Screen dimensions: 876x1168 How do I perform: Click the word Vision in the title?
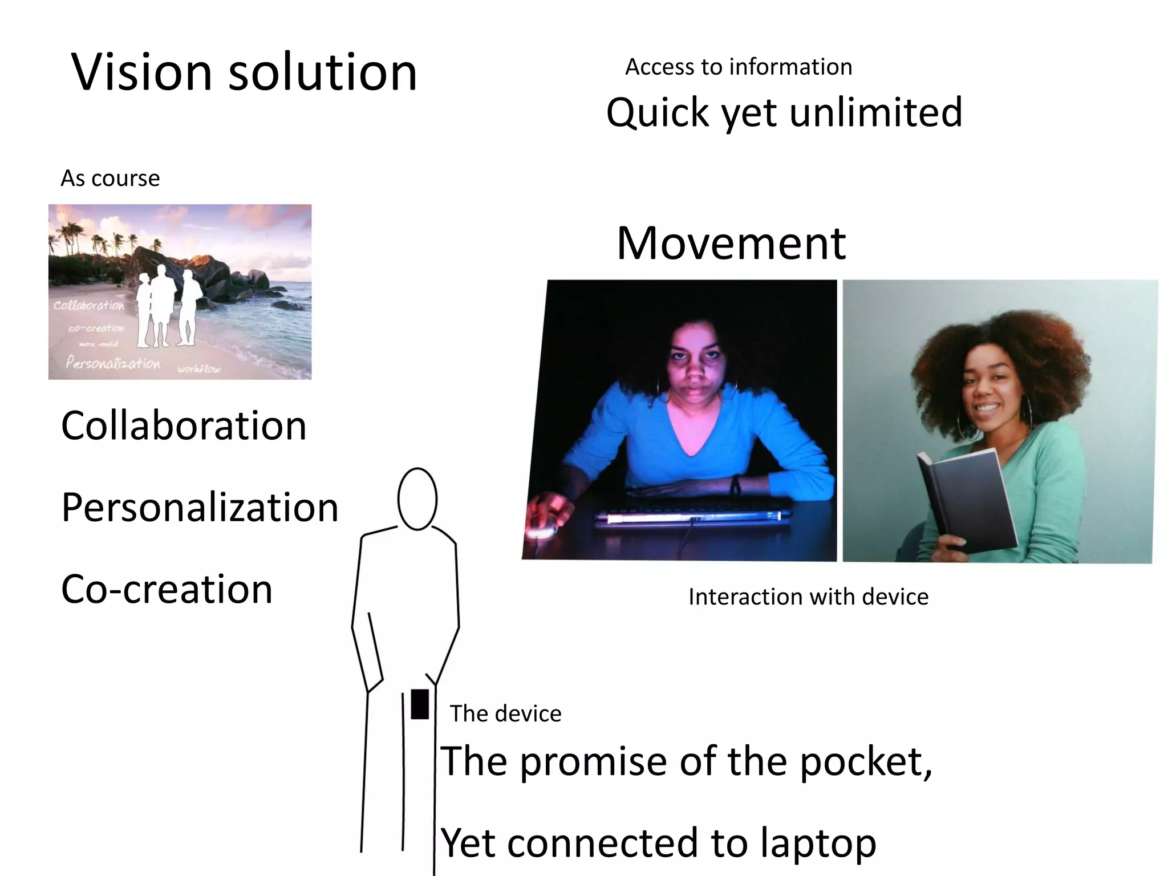pyautogui.click(x=142, y=72)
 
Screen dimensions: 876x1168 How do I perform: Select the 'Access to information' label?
pyautogui.click(x=739, y=67)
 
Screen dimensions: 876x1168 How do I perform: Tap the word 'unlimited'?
pyautogui.click(x=876, y=112)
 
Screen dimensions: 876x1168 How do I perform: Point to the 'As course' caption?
pyautogui.click(x=110, y=179)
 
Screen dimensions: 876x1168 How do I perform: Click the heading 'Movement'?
pyautogui.click(x=731, y=244)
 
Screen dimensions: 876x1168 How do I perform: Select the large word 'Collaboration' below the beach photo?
pyautogui.click(x=184, y=426)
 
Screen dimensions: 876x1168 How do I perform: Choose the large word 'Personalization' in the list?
pyautogui.click(x=200, y=508)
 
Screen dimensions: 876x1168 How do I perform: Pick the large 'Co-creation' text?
pyautogui.click(x=167, y=589)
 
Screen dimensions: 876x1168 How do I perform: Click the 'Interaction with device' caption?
pyautogui.click(x=808, y=597)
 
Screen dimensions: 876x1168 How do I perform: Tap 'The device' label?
pyautogui.click(x=505, y=713)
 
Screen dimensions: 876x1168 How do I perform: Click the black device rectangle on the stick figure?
pyautogui.click(x=420, y=704)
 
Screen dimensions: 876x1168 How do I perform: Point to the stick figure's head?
pyautogui.click(x=417, y=499)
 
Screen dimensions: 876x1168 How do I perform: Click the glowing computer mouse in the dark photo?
pyautogui.click(x=541, y=531)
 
